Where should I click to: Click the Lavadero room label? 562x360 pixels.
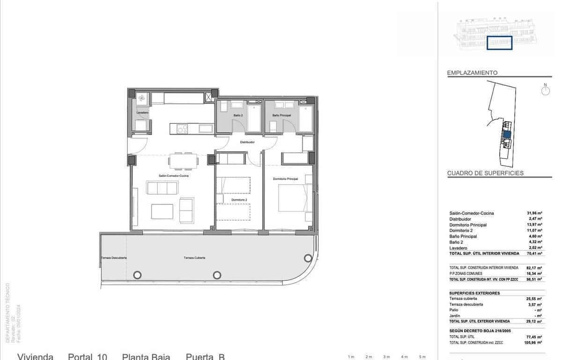(142, 113)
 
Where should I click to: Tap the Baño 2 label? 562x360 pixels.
(238, 115)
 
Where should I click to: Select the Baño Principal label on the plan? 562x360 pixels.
(281, 115)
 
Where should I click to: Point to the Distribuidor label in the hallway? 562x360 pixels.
(247, 142)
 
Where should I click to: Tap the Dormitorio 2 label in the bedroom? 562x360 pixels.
(238, 200)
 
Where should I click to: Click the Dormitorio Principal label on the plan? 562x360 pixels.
(286, 179)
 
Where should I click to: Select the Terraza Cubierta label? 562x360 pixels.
(194, 258)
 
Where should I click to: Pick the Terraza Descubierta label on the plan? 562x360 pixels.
(114, 258)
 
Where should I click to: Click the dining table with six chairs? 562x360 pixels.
(183, 161)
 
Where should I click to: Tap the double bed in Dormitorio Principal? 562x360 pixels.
(294, 198)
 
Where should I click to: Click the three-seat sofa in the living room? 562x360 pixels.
(162, 188)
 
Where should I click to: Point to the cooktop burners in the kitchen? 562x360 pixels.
(182, 128)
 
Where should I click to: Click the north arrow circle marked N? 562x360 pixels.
(545, 90)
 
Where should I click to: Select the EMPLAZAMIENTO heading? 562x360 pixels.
(472, 73)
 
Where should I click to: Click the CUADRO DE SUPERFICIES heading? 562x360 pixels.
(485, 173)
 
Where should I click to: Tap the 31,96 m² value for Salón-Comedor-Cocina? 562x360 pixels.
(534, 213)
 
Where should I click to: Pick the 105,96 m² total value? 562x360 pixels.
(533, 343)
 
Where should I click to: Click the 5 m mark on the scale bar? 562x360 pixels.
(422, 357)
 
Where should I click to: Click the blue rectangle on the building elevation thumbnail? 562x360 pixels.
(499, 43)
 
